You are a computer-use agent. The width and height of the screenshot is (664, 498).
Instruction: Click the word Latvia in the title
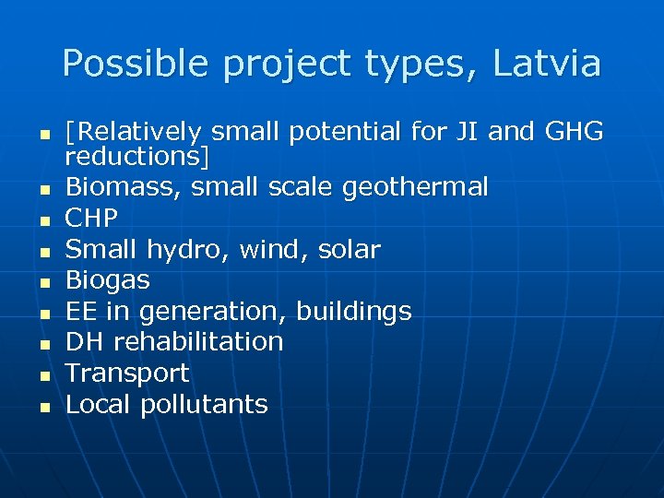coord(547,64)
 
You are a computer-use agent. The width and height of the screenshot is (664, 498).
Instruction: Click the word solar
coord(348,249)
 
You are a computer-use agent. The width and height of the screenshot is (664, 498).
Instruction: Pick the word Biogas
coord(108,279)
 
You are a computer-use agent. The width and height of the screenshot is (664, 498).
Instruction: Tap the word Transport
coord(127,373)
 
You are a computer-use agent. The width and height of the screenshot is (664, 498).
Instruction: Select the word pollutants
coord(204,404)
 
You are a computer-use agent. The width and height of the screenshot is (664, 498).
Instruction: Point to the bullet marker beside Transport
coord(44,375)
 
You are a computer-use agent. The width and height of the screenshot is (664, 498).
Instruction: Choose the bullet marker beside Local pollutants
coord(44,407)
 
